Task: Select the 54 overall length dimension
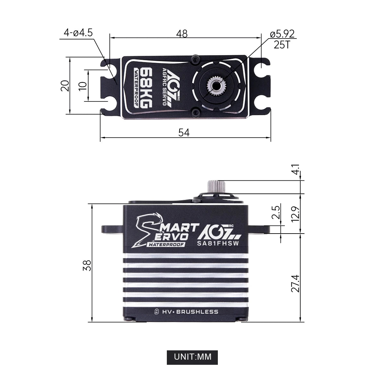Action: (184, 133)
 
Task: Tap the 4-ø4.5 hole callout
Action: (78, 33)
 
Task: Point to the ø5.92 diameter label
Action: (282, 34)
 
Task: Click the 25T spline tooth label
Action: (282, 45)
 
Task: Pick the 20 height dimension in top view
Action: (65, 86)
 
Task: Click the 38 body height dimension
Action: (87, 265)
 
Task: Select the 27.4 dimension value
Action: (295, 283)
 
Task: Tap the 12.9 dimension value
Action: (295, 214)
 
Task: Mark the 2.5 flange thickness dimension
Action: (276, 212)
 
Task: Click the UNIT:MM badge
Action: (192, 357)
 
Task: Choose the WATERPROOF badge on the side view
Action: (166, 244)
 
